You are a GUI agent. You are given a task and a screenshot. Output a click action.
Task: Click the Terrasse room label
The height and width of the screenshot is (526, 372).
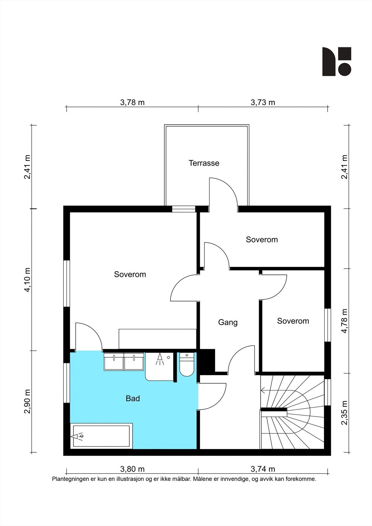(x=204, y=163)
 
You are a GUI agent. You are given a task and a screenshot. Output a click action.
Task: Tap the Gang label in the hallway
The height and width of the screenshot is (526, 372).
(x=228, y=322)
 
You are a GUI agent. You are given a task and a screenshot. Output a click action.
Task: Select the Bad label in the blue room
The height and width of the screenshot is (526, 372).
(x=133, y=398)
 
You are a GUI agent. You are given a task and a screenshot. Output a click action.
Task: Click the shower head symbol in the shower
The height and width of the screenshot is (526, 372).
(x=160, y=360)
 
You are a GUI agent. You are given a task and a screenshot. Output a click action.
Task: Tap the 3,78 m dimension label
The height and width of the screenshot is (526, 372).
(x=132, y=102)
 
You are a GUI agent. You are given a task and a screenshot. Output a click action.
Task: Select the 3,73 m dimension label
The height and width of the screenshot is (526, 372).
(x=263, y=102)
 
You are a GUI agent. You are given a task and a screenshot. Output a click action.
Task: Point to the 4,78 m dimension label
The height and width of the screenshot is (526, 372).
(x=344, y=321)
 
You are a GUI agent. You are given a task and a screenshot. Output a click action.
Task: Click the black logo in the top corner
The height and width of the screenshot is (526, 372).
(x=337, y=61)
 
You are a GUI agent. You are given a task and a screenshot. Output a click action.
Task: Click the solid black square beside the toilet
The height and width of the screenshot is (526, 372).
(x=207, y=360)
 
